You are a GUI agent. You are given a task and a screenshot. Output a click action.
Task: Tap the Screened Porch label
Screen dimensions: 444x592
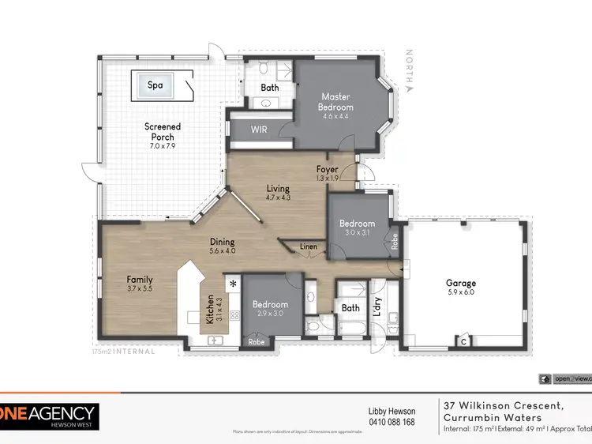click(x=163, y=126)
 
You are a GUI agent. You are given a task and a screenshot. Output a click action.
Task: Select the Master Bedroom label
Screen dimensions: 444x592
click(x=335, y=101)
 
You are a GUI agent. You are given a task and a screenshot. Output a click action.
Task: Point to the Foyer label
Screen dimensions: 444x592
click(x=327, y=169)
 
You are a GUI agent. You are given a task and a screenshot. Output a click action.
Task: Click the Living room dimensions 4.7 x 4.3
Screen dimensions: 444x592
click(x=278, y=198)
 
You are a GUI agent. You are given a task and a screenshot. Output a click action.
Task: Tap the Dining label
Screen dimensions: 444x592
click(x=222, y=242)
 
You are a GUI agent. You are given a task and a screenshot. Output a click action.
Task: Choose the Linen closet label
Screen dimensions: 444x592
click(x=309, y=246)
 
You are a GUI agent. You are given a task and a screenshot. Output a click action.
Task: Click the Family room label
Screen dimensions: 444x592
click(x=140, y=280)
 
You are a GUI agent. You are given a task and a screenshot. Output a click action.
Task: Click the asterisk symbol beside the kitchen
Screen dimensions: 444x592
click(x=233, y=282)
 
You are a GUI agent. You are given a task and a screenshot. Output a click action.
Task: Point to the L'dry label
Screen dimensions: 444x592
click(x=377, y=306)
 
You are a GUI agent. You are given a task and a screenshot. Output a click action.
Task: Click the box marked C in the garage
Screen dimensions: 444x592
click(x=464, y=341)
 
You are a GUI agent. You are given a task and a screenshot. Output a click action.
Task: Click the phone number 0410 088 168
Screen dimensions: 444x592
click(x=392, y=421)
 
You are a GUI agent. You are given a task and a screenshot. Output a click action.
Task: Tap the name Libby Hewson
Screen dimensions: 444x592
click(x=392, y=411)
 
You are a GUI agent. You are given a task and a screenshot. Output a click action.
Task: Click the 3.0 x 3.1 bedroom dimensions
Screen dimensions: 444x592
click(x=356, y=232)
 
